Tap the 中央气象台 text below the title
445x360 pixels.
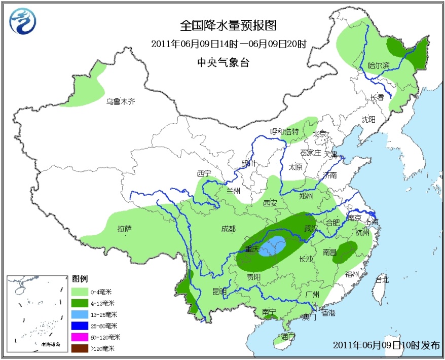[x=223, y=62]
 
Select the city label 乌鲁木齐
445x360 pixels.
[x=121, y=101]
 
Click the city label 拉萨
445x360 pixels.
[x=124, y=229]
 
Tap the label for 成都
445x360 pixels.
[x=228, y=229]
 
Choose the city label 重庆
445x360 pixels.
[x=252, y=249]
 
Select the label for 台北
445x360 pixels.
[x=381, y=279]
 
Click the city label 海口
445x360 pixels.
[x=288, y=336]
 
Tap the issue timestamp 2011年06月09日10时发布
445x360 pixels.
[x=387, y=345]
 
